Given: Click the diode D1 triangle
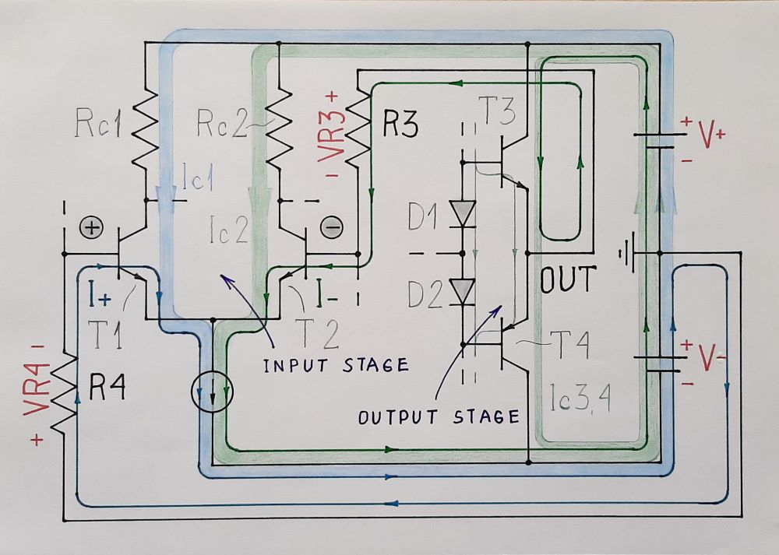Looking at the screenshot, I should pos(464,213).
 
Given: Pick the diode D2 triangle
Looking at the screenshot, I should pos(464,292).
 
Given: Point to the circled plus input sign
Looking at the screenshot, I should pos(92,228).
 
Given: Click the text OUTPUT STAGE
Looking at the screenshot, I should pos(439,416).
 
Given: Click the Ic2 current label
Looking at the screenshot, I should pos(228,230).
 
